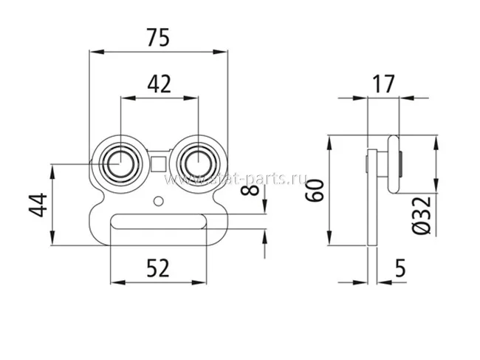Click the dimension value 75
point(157,38)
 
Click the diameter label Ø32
point(422,215)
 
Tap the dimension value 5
point(399,268)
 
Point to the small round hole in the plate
point(159,200)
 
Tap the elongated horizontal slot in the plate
point(158,220)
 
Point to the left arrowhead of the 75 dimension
point(92,51)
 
